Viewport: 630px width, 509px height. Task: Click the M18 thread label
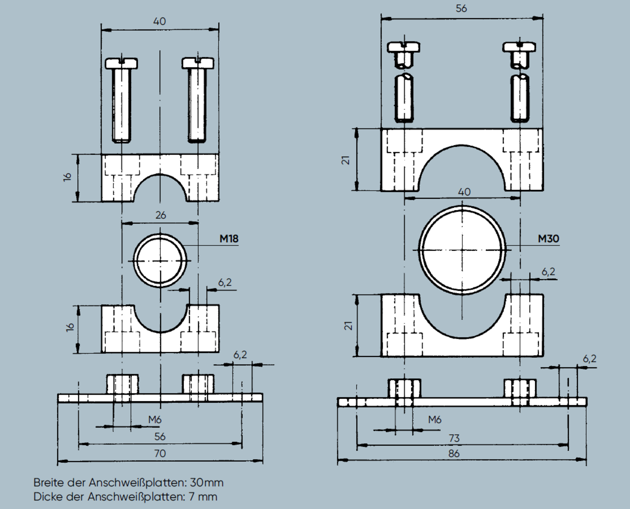click(x=229, y=239)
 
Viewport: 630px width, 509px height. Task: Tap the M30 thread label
click(x=548, y=239)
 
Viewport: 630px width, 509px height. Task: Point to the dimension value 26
click(x=161, y=215)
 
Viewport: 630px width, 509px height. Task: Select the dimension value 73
click(x=454, y=438)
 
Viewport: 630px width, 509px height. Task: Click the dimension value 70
click(x=160, y=453)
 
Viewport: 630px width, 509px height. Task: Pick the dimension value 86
click(x=454, y=453)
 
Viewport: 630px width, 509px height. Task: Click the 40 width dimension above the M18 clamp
click(x=160, y=21)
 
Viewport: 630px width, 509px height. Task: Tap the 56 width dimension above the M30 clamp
click(x=461, y=8)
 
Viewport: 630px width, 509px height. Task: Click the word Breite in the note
click(x=49, y=483)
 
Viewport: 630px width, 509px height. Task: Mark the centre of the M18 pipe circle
click(x=160, y=261)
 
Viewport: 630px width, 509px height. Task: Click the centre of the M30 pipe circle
click(x=462, y=250)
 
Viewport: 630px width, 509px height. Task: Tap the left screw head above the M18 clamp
click(x=122, y=63)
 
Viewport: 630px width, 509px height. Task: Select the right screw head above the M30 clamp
click(x=519, y=47)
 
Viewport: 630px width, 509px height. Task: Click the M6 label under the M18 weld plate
click(x=154, y=420)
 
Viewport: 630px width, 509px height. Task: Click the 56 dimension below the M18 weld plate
click(x=160, y=436)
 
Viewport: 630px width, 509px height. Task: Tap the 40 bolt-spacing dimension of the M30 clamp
click(x=464, y=192)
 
